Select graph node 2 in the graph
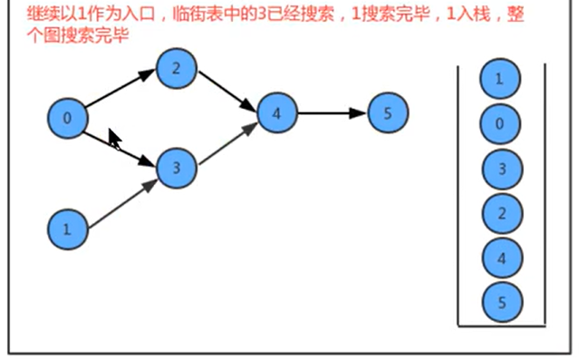177,68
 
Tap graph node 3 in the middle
177,167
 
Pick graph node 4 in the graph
277,113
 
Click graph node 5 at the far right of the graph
389,113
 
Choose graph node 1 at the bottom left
66,229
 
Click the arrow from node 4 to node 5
333,113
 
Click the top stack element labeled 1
499,80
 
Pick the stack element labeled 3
499,169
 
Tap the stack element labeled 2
499,213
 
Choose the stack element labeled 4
499,258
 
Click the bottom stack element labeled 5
499,301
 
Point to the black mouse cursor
114,138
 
